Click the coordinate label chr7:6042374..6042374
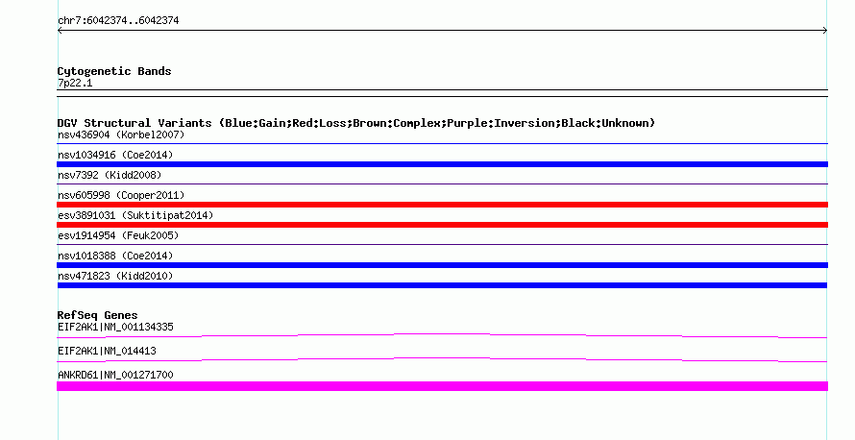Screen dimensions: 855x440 [118, 21]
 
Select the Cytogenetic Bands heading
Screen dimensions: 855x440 [114, 71]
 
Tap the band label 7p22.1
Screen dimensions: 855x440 [75, 83]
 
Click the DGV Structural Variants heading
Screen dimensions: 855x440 [356, 123]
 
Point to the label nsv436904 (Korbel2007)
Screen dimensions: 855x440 [121, 134]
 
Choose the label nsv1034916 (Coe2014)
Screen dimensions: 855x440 [115, 155]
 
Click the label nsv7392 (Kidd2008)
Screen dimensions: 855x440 [110, 175]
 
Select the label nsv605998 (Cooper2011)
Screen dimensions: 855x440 [121, 195]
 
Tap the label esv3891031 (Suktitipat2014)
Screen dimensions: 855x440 [135, 215]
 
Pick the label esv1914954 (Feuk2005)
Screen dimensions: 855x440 [118, 235]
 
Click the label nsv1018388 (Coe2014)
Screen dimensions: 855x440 [115, 256]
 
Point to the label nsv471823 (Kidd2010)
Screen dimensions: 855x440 [115, 276]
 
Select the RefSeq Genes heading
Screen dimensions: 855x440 [97, 315]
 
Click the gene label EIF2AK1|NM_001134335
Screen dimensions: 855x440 [115, 328]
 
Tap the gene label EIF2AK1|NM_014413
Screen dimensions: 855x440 [107, 351]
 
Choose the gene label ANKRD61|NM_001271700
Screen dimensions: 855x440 [115, 375]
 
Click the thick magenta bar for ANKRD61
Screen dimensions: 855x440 [442, 386]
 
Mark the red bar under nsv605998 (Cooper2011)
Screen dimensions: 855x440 [442, 205]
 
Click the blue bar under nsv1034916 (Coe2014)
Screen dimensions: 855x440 [442, 164]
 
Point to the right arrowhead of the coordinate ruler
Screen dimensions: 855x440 [825, 31]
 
